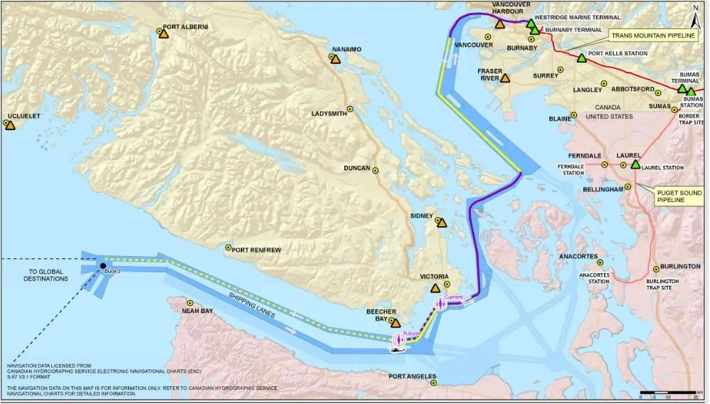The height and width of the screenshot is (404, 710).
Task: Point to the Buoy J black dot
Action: tap(103, 265)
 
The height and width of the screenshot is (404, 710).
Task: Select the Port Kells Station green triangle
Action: tap(582, 58)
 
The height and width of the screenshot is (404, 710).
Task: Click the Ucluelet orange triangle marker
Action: tap(9, 124)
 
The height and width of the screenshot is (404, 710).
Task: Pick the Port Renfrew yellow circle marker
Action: tap(228, 248)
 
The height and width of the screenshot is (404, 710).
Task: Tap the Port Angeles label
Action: tap(413, 377)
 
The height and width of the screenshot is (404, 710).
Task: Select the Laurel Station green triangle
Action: tap(635, 164)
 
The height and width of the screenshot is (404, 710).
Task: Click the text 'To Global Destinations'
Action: tap(48, 275)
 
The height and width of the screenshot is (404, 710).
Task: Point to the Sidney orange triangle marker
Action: tap(442, 223)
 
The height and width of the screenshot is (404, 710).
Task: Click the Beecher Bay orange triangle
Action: tap(396, 323)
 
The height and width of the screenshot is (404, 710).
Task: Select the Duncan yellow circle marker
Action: tap(376, 169)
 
